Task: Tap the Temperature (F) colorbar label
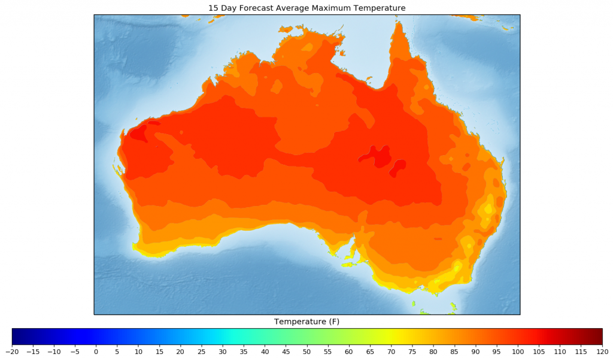pos(306,322)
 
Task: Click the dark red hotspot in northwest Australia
pos(138,133)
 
